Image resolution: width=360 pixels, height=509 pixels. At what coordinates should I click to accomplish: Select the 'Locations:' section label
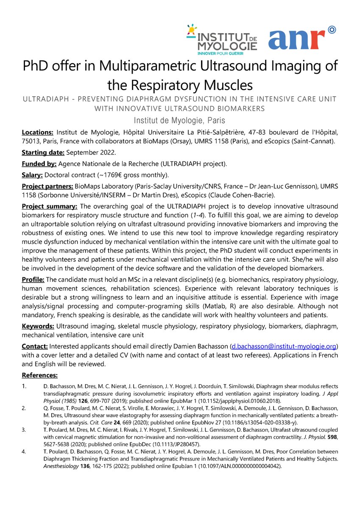[x=38, y=132]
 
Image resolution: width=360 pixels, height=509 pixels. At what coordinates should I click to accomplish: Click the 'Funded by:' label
[x=39, y=164]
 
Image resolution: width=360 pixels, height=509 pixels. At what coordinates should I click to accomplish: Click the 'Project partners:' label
[x=48, y=186]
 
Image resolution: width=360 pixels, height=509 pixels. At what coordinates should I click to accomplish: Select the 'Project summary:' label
[x=50, y=207]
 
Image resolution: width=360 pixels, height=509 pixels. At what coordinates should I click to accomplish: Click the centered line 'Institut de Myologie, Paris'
[x=179, y=120]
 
